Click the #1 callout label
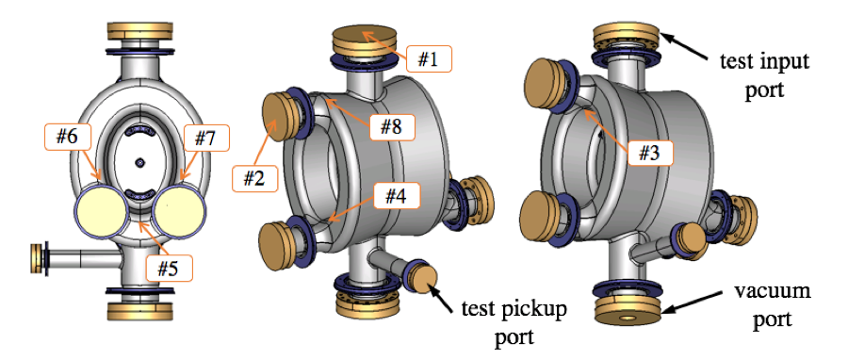[429, 58]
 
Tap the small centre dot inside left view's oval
[139, 162]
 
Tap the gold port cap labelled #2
[280, 117]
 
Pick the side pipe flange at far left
[40, 258]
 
